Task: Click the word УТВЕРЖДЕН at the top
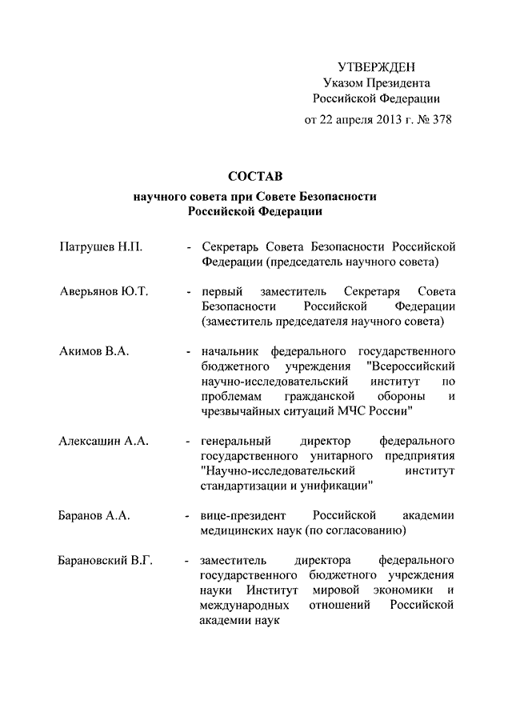376,66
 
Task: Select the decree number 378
442,121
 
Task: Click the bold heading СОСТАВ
255,175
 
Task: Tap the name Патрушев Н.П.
101,246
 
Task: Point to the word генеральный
238,441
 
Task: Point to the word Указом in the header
341,82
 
